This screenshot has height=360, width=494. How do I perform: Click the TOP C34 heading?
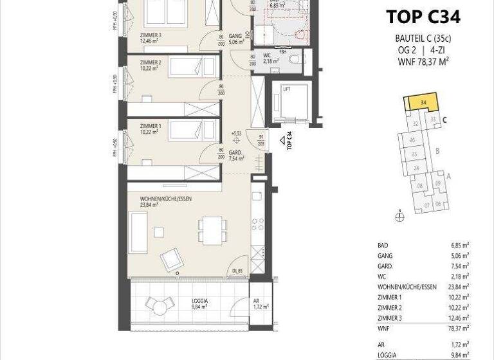pyautogui.click(x=423, y=16)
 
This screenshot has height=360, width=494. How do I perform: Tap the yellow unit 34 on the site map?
pyautogui.click(x=421, y=103)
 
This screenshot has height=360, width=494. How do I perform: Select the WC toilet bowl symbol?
pyautogui.click(x=295, y=60)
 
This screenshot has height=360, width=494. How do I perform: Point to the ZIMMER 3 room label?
pyautogui.click(x=150, y=36)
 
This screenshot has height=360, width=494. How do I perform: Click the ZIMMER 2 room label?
pyautogui.click(x=150, y=62)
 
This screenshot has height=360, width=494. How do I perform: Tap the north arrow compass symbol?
pyautogui.click(x=399, y=217)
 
